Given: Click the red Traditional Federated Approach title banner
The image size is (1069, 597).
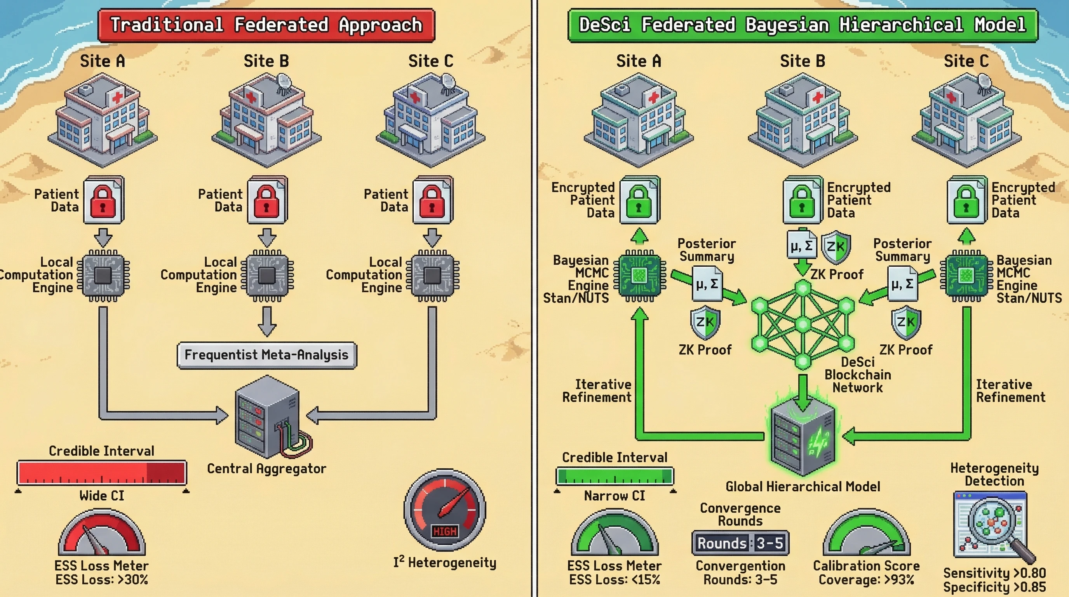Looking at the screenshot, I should (266, 25).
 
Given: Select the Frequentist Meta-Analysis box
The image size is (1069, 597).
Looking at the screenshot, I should (266, 355).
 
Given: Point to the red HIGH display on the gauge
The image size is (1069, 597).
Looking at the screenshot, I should (444, 531).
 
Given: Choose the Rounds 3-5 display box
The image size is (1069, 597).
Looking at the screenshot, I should (740, 543).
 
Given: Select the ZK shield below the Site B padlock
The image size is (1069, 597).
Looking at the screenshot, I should (836, 247).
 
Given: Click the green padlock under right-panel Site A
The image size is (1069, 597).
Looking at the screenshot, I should (639, 200).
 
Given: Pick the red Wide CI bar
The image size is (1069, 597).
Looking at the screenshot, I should (102, 473).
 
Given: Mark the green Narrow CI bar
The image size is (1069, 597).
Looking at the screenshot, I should (615, 476).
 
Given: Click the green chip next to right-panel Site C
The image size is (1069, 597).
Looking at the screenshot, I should (966, 275).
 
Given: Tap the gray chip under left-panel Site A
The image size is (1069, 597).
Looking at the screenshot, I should (103, 275).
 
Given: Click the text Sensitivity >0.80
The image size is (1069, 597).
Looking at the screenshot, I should (994, 573).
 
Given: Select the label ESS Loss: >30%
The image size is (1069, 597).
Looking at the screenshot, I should (102, 580).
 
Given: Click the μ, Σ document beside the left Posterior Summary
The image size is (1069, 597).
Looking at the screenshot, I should (707, 285).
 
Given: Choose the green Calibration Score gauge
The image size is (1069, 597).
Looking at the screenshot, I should (867, 534).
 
